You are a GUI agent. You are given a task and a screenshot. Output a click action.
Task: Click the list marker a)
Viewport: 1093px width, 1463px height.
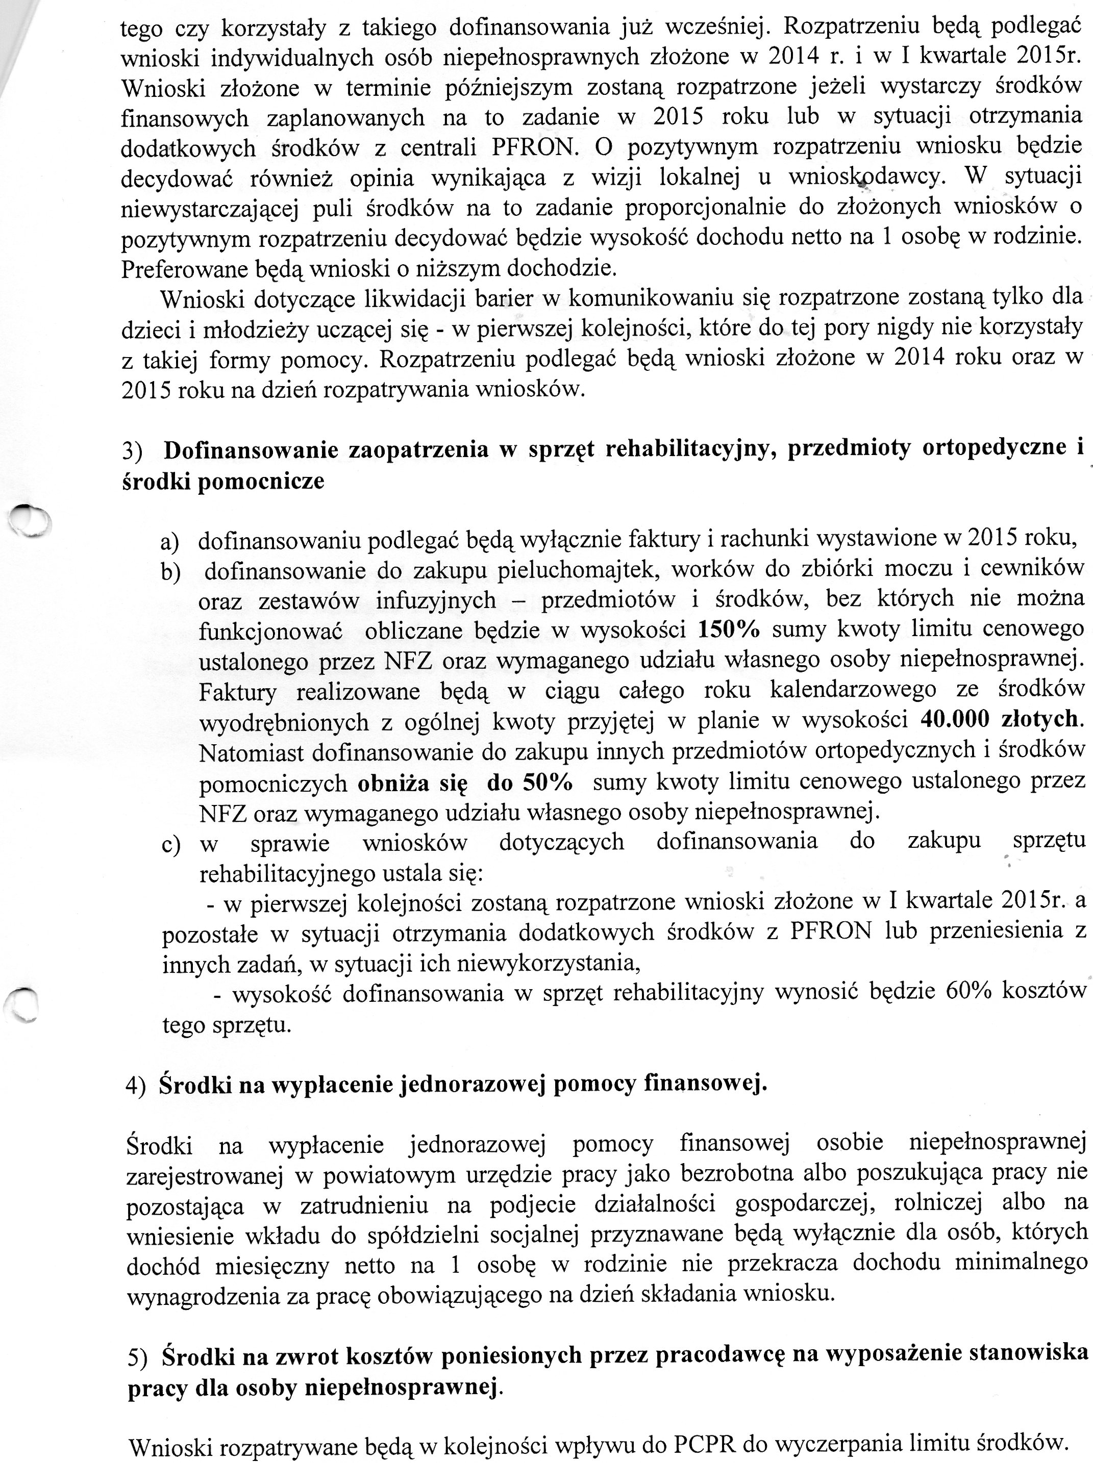pos(170,542)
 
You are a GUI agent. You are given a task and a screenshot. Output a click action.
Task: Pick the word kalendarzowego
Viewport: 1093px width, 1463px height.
pos(854,689)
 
